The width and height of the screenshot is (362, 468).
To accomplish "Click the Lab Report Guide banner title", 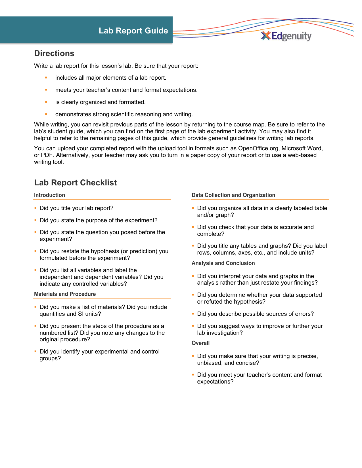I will (133, 31).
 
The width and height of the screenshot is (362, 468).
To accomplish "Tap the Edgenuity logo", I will (286, 36).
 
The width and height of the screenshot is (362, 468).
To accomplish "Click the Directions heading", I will (54, 53).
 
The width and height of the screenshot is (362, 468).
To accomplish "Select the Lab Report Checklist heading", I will (75, 183).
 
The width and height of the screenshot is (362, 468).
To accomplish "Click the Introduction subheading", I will (49, 195).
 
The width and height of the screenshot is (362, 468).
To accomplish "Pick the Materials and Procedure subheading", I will (65, 294).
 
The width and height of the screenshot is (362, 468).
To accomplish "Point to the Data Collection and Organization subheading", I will (233, 195).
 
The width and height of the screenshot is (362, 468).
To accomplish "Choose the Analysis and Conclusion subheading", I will (223, 263).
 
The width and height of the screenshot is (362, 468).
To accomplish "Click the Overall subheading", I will (200, 343).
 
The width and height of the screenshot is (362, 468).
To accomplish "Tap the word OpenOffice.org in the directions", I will (258, 148).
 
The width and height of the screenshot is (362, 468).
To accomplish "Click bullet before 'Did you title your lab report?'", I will (35, 208).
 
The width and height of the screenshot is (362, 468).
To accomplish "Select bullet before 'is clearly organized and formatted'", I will (46, 102).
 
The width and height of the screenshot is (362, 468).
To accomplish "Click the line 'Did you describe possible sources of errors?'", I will (255, 314).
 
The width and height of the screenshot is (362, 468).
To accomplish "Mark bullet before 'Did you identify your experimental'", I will (35, 351).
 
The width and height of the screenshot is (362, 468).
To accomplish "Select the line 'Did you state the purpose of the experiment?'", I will (98, 220).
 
